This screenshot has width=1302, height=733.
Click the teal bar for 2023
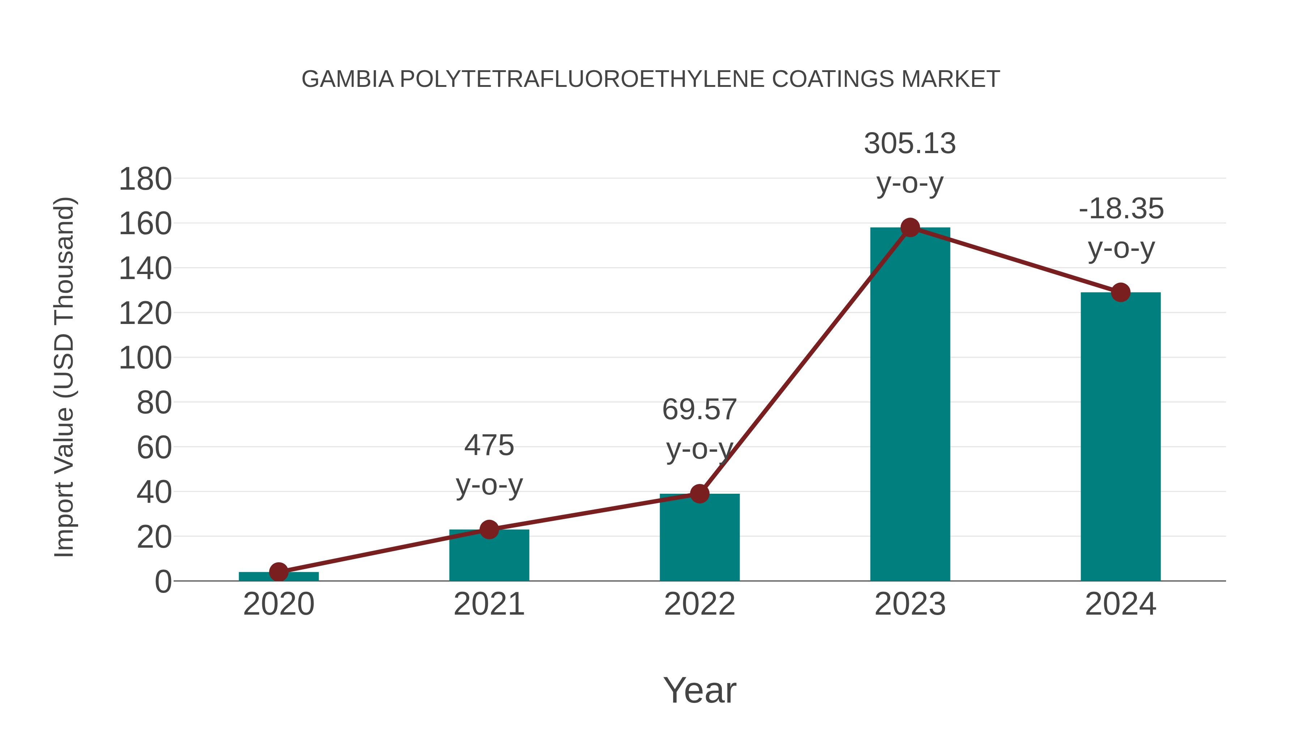point(910,405)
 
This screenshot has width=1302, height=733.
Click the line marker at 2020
point(278,572)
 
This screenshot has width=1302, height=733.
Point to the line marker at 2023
point(910,228)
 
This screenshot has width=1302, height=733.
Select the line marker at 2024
point(1120,292)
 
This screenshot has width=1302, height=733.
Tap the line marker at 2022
point(699,494)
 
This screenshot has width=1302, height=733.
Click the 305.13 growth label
point(910,144)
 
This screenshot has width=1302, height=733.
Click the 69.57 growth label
point(699,410)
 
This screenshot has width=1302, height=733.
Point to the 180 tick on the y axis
point(145,180)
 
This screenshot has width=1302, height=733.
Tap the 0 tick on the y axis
point(163,582)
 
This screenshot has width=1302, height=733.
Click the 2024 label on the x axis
point(1120,604)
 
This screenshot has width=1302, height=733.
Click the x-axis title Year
point(699,691)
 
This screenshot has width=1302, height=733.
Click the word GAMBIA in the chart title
point(347,79)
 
